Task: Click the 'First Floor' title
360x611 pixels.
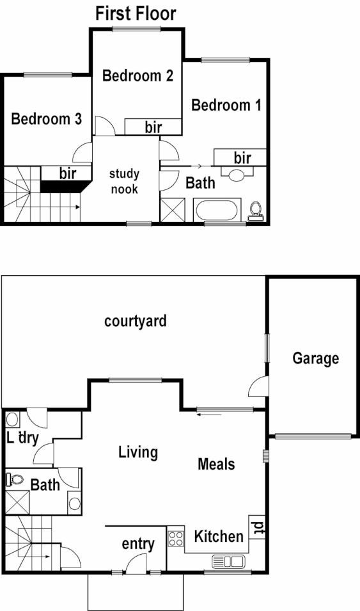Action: click(136, 13)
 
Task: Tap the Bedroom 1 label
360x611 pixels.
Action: click(226, 105)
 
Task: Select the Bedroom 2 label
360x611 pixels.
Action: click(137, 76)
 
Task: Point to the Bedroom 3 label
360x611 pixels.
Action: click(47, 118)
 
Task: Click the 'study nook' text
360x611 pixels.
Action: click(124, 181)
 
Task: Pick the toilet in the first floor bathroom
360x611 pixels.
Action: click(257, 210)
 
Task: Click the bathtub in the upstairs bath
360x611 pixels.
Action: click(217, 210)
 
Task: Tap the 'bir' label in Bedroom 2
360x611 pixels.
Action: click(153, 127)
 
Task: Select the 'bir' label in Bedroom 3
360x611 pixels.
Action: click(68, 173)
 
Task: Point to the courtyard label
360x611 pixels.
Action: click(136, 321)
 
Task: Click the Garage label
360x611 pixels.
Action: click(315, 358)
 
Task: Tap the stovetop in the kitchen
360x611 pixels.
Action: click(175, 537)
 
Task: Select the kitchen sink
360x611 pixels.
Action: click(228, 562)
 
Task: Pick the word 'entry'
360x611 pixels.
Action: click(138, 544)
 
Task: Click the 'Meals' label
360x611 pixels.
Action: click(215, 464)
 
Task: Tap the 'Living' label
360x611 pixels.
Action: click(138, 452)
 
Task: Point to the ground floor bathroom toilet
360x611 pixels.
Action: click(16, 479)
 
